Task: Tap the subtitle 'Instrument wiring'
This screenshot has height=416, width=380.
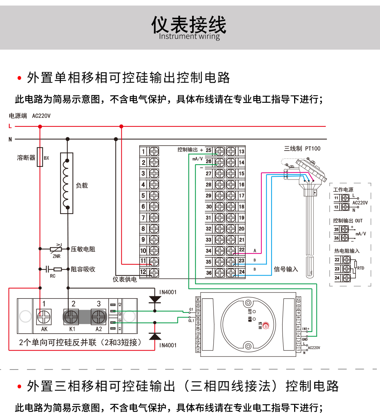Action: (189, 36)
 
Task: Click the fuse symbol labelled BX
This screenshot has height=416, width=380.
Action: (40, 157)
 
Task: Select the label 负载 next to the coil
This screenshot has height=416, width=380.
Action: (82, 185)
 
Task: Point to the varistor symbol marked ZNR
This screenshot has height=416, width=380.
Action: (56, 249)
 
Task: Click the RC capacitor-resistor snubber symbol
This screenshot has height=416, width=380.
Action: (52, 269)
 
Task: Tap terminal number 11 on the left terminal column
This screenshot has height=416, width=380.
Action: (143, 261)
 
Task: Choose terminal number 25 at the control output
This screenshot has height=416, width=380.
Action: (209, 150)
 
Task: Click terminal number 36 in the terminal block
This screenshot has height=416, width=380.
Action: (209, 273)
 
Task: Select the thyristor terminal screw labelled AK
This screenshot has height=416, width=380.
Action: (44, 317)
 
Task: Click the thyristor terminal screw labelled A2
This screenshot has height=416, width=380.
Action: (99, 317)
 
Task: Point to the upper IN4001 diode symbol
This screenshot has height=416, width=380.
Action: (155, 300)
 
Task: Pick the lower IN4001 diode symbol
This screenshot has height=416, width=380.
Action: (155, 336)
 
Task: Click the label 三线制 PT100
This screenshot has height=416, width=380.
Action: (302, 149)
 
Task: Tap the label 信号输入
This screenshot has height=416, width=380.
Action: (286, 269)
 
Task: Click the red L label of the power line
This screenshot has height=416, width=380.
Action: (10, 126)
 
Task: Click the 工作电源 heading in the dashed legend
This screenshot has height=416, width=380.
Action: (343, 190)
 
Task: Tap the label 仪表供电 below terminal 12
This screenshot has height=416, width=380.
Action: (125, 279)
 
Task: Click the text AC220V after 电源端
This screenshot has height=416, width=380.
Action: (41, 116)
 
